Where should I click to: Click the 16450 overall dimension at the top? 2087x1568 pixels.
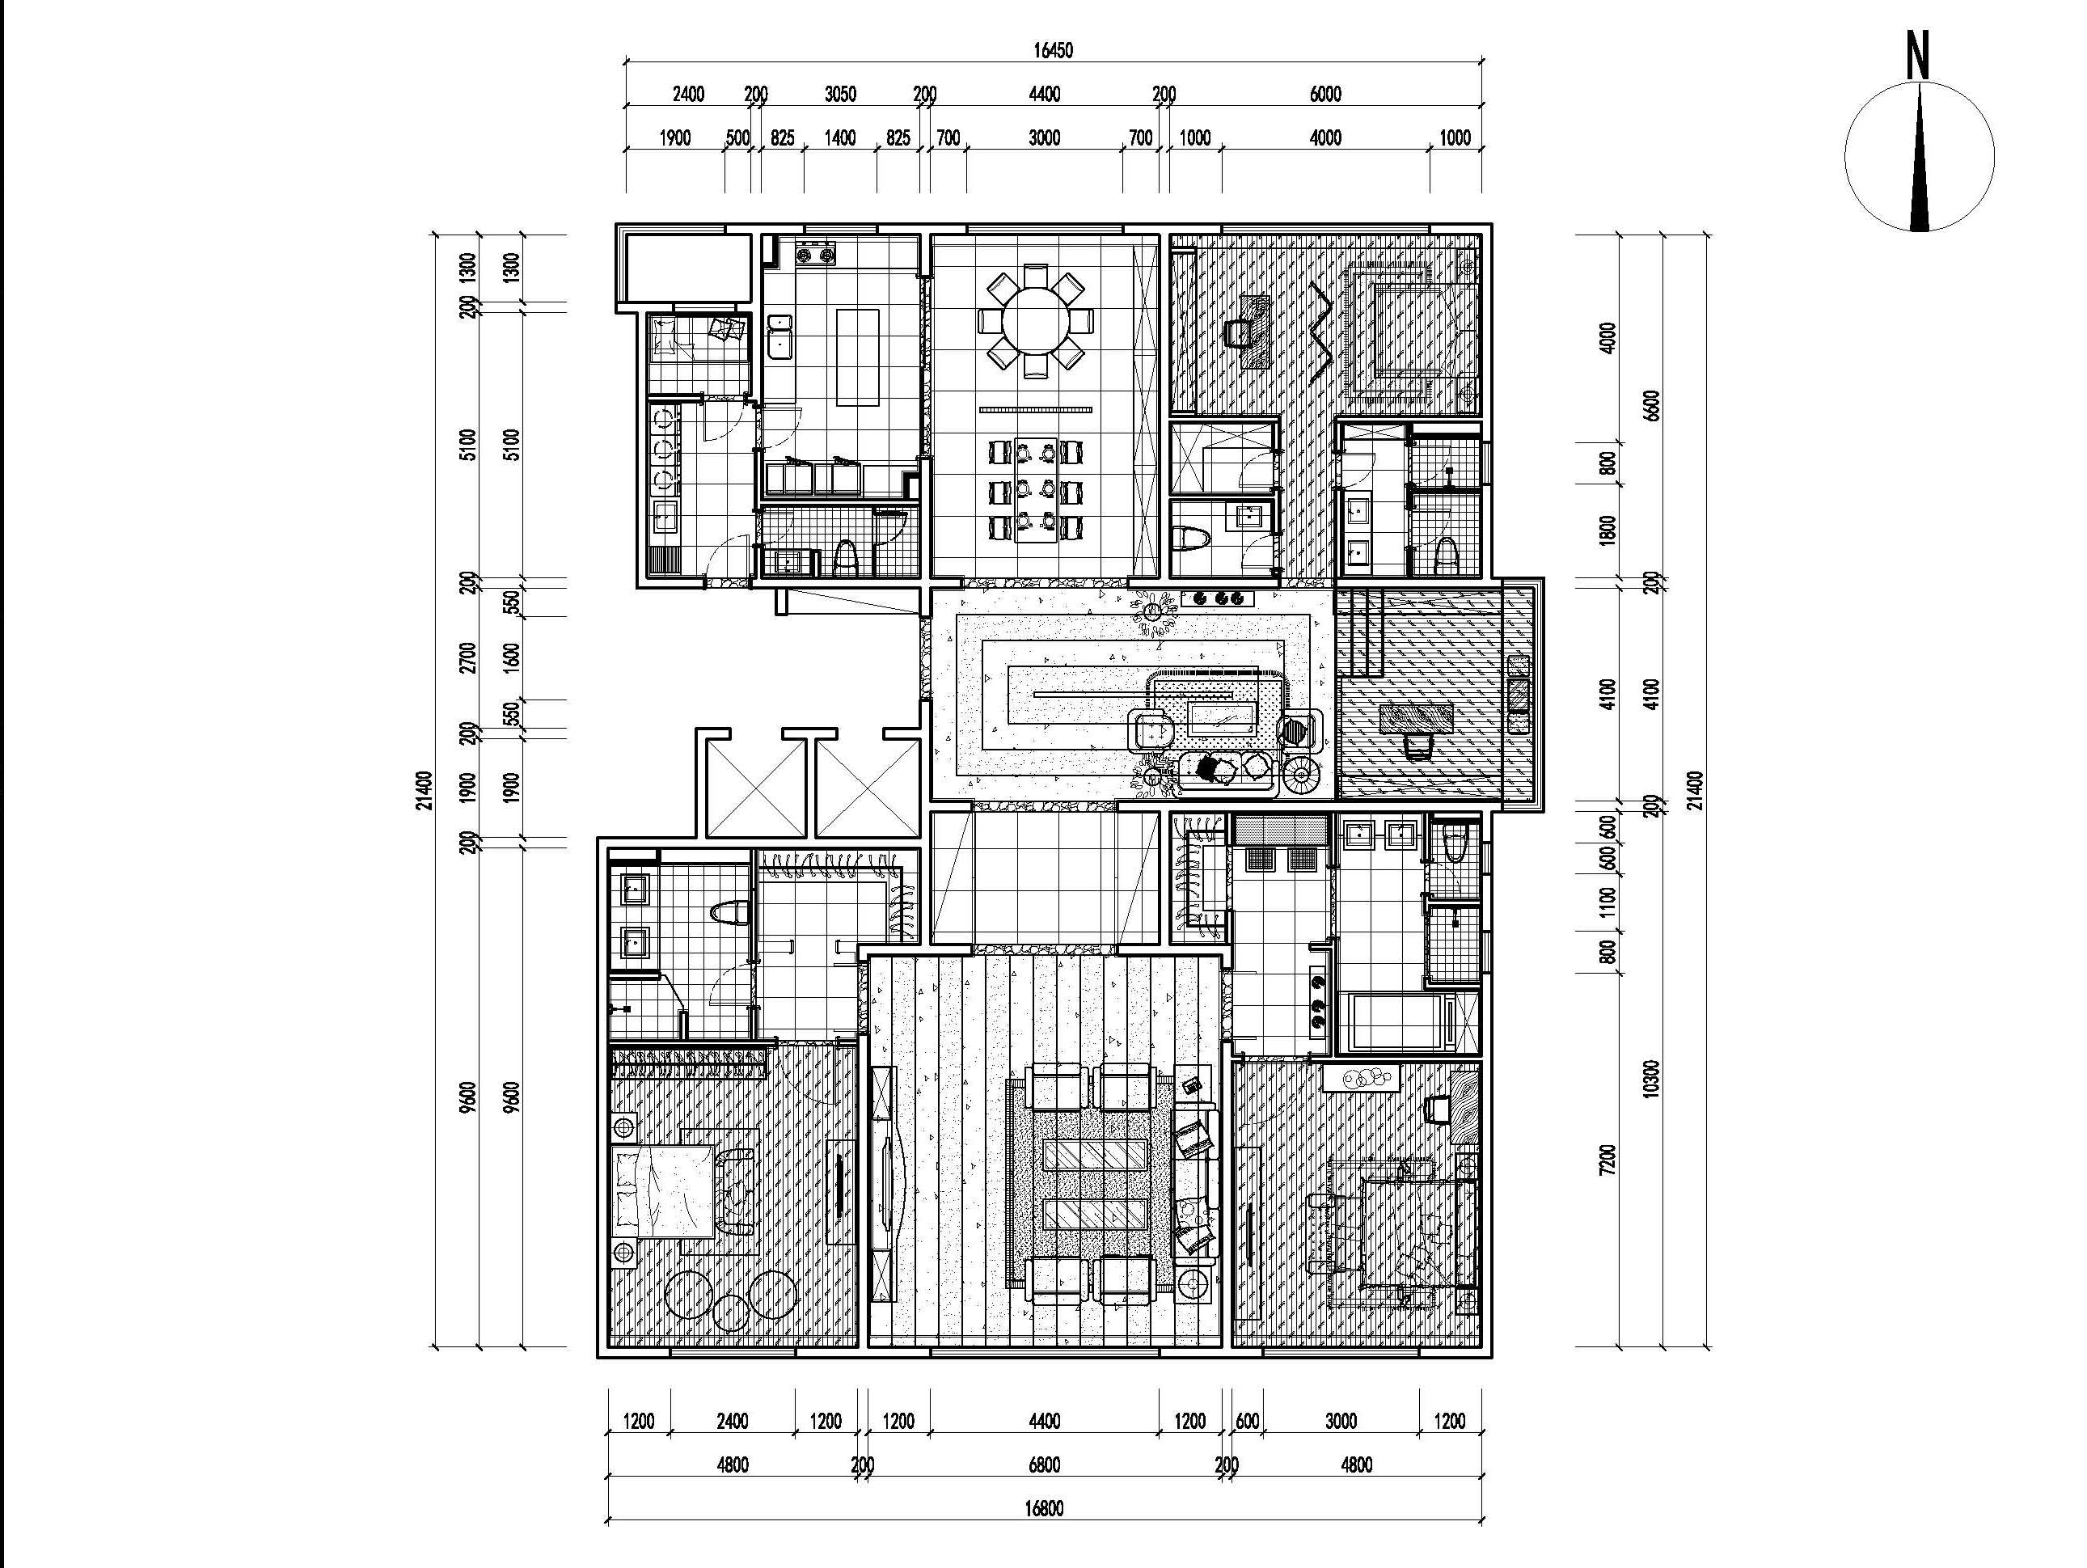pyautogui.click(x=1052, y=51)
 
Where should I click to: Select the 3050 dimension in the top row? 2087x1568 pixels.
pyautogui.click(x=839, y=95)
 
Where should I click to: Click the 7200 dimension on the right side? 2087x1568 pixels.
pyautogui.click(x=1607, y=1160)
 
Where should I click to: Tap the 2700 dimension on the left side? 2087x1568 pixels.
pyautogui.click(x=468, y=657)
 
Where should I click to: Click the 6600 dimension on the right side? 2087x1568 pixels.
pyautogui.click(x=1650, y=406)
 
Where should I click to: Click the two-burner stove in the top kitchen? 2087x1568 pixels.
pyautogui.click(x=816, y=253)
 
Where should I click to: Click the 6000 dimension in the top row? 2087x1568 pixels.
pyautogui.click(x=1324, y=95)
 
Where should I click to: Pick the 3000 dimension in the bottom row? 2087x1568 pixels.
pyautogui.click(x=1340, y=1422)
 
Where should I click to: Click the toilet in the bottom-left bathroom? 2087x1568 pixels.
pyautogui.click(x=729, y=913)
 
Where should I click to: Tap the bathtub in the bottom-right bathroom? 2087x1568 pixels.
pyautogui.click(x=1397, y=1023)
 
